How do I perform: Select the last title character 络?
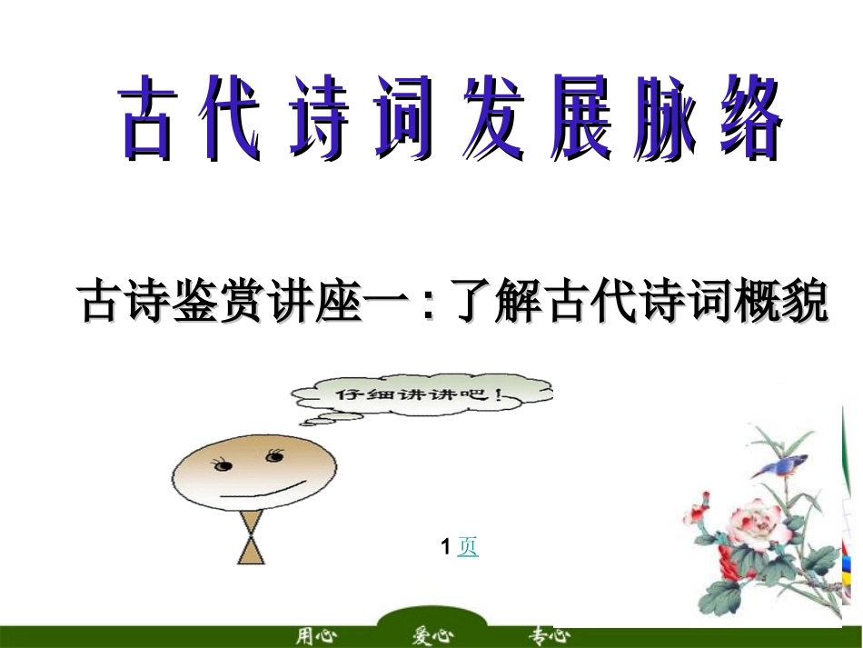pyautogui.click(x=747, y=119)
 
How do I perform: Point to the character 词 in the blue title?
pyautogui.click(x=403, y=119)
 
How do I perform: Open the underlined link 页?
pyautogui.click(x=468, y=546)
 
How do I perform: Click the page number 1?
pyautogui.click(x=445, y=546)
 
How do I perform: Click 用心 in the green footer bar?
pyautogui.click(x=315, y=635)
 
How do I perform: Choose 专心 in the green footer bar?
pyautogui.click(x=550, y=635)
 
